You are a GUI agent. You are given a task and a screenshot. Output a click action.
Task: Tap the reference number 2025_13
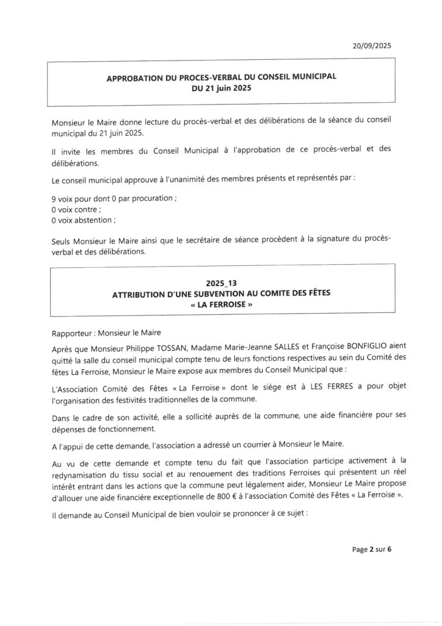coord(220,284)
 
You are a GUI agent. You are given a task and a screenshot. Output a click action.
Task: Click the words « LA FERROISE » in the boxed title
coord(221,304)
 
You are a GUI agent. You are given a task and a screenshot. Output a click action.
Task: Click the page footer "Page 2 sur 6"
coord(372,549)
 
